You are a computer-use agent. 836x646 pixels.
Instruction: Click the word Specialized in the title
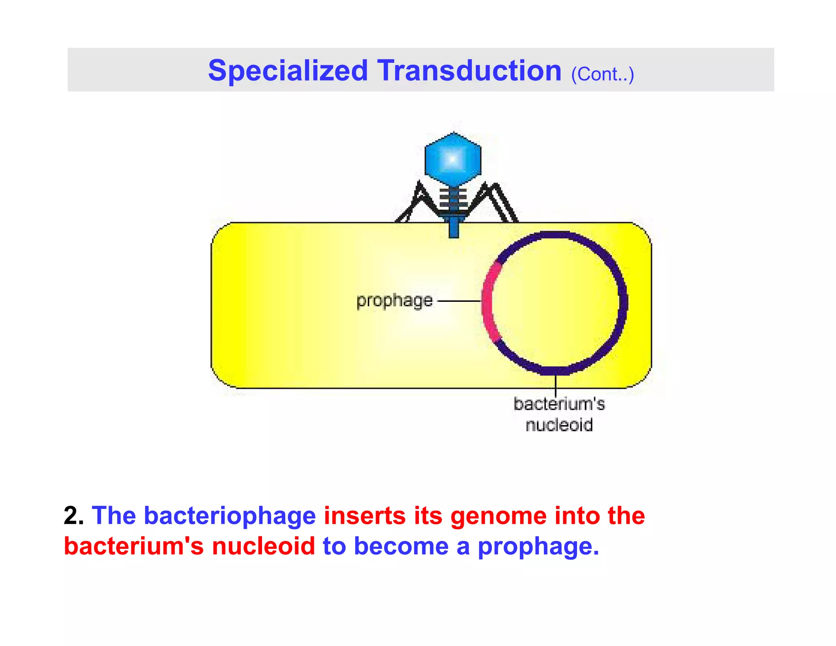click(288, 71)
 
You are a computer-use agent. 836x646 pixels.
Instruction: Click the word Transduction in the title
click(469, 71)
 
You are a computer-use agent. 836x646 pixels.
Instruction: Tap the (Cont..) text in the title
click(602, 74)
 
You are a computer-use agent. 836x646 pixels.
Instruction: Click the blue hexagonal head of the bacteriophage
click(453, 159)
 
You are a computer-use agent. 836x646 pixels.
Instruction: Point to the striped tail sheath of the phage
click(453, 200)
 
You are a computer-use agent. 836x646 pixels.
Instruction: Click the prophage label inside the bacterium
click(394, 301)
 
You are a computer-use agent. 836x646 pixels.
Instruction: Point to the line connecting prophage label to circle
click(459, 301)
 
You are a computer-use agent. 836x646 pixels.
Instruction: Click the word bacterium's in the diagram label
click(559, 404)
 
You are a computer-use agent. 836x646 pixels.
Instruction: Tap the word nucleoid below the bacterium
click(559, 425)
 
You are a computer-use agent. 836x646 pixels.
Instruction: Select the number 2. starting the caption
click(73, 515)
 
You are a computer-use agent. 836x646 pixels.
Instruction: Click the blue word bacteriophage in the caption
click(230, 516)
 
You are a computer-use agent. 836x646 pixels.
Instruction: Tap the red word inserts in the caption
click(365, 515)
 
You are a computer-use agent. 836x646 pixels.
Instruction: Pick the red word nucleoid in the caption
click(263, 546)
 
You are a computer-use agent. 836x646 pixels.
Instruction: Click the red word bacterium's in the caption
click(134, 546)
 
